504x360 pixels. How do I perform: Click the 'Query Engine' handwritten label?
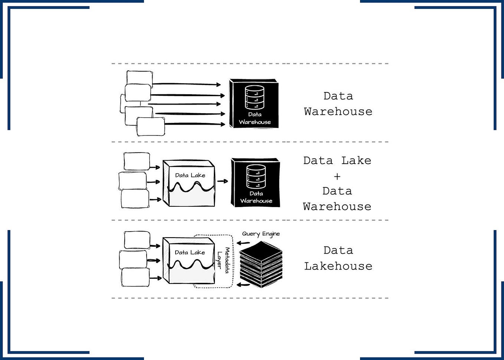pyautogui.click(x=261, y=234)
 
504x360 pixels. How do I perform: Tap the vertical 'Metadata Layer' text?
pyautogui.click(x=223, y=260)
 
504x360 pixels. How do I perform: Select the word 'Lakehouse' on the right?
pyautogui.click(x=338, y=266)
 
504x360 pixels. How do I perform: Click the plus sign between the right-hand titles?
pyautogui.click(x=337, y=176)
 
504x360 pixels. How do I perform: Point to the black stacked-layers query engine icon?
pyautogui.click(x=261, y=264)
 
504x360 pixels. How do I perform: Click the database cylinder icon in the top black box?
pyautogui.click(x=255, y=97)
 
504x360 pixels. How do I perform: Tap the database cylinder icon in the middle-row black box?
pyautogui.click(x=256, y=177)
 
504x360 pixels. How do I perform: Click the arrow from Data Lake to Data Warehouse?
pyautogui.click(x=222, y=181)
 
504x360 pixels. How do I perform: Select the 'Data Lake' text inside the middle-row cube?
pyautogui.click(x=190, y=175)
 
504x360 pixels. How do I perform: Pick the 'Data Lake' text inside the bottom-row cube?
pyautogui.click(x=190, y=252)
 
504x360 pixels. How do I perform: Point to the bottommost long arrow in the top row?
pyautogui.click(x=195, y=124)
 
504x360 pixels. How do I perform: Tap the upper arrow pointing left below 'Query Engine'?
pyautogui.click(x=243, y=243)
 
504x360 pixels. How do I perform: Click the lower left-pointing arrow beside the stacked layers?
pyautogui.click(x=243, y=285)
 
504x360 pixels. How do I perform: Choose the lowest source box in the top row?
pyautogui.click(x=151, y=127)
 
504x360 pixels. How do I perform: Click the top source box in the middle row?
pyautogui.click(x=137, y=161)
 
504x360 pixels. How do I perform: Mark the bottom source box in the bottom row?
pyautogui.click(x=135, y=278)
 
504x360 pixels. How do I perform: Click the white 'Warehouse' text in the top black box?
pyautogui.click(x=255, y=122)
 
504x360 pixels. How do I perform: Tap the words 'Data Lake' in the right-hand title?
pyautogui.click(x=337, y=161)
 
